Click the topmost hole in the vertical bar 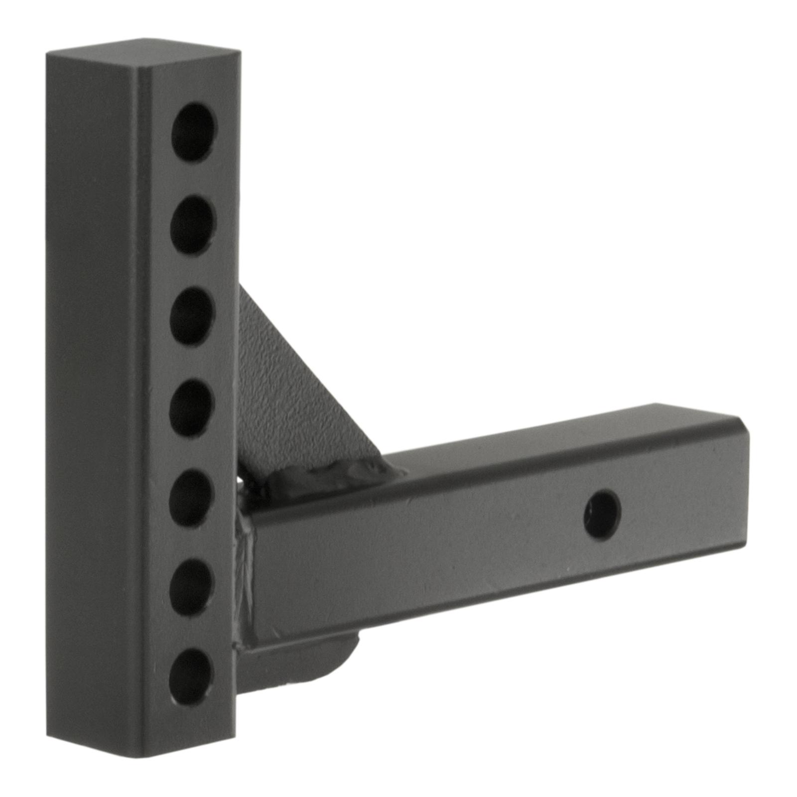click(x=194, y=132)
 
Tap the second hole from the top click(x=193, y=225)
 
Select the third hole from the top click(x=192, y=317)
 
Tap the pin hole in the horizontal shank click(x=603, y=515)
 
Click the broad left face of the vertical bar click(x=90, y=398)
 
